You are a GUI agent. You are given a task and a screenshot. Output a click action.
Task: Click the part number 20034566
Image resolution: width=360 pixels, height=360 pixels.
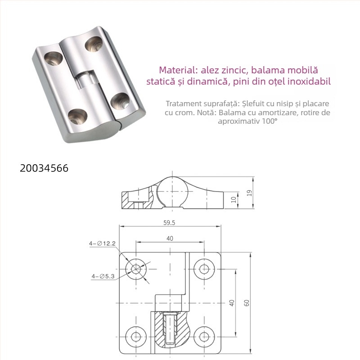44,168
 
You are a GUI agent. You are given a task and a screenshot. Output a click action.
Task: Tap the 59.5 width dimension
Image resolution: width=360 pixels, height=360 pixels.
170,222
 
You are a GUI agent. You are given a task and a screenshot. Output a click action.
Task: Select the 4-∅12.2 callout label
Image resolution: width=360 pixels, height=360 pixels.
103,243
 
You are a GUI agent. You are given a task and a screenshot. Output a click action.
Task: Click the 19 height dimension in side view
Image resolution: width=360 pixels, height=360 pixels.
249,193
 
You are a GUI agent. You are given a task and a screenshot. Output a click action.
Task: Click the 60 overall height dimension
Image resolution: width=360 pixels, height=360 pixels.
246,303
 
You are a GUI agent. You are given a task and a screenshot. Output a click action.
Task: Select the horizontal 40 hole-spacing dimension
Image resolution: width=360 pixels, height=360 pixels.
170,238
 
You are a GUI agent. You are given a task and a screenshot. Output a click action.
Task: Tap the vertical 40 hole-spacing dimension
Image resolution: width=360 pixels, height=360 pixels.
232,303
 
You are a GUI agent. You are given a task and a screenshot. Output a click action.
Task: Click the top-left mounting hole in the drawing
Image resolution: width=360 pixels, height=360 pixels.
136,269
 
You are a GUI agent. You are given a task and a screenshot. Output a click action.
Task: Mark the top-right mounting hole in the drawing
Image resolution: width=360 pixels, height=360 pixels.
204,269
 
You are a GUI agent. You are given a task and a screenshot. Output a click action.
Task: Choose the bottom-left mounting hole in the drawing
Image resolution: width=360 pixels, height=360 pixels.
136,336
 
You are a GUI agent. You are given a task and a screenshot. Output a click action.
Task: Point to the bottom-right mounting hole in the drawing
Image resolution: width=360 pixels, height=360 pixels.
204,336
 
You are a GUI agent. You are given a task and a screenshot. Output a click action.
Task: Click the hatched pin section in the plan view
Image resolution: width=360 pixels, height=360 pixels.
170,331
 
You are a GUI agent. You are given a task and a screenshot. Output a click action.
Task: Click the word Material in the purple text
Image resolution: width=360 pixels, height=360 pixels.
175,71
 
